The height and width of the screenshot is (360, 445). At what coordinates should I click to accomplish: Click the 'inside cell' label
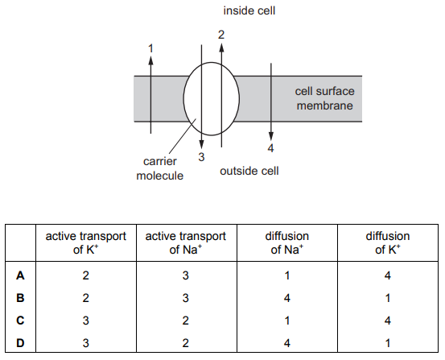tap(249, 10)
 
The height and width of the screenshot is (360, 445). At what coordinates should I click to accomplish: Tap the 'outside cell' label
tap(249, 171)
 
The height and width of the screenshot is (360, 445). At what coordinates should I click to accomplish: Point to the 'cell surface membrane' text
tap(324, 98)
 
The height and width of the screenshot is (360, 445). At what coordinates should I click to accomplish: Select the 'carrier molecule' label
tap(160, 168)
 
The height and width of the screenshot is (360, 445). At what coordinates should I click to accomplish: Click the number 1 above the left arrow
tap(150, 48)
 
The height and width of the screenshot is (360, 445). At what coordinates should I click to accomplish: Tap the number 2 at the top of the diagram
tap(221, 35)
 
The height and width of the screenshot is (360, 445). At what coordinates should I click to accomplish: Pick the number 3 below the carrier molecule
tap(201, 157)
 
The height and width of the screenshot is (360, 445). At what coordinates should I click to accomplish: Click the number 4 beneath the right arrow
tap(270, 148)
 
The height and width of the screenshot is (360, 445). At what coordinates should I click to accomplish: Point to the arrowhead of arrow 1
tap(150, 60)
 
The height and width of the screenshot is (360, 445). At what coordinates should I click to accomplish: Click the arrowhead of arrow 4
tap(271, 136)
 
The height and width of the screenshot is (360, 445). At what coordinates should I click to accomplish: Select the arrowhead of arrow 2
tap(221, 48)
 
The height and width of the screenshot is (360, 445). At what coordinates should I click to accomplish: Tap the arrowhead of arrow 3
tap(201, 144)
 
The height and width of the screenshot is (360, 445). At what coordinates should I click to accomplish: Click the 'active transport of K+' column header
tap(86, 242)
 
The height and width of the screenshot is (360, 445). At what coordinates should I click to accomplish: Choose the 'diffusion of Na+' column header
tap(287, 242)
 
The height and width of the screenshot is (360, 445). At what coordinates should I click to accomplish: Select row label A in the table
tap(20, 275)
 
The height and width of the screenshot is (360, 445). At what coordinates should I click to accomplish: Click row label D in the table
tap(20, 343)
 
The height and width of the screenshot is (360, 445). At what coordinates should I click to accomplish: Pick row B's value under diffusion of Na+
tap(287, 298)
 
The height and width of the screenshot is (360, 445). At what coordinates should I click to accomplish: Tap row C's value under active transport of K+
tap(86, 321)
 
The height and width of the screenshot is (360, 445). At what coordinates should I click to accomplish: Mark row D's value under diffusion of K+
tap(388, 343)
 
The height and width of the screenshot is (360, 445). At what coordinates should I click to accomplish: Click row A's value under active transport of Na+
tap(186, 275)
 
